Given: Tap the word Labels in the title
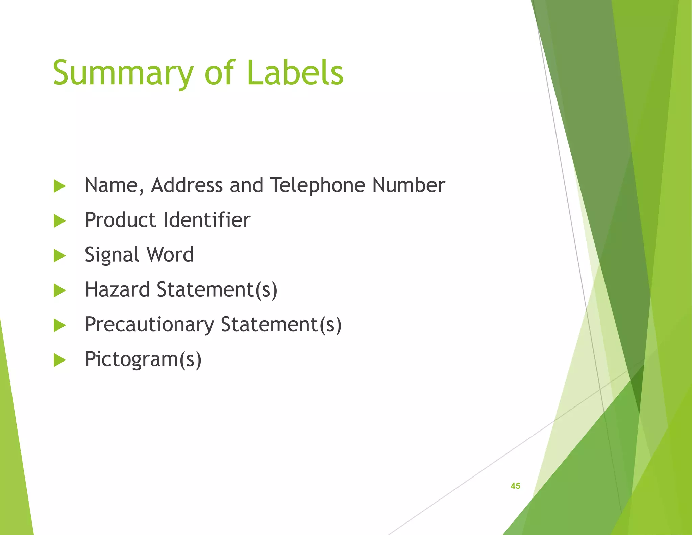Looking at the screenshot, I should [x=295, y=72].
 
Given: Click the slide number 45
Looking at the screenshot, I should [x=515, y=486].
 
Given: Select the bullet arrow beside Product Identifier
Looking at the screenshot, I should [x=59, y=221].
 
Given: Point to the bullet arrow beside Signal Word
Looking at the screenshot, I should [x=59, y=256].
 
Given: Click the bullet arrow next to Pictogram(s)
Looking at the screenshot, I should [x=59, y=360].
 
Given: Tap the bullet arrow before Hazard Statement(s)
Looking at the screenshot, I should [x=59, y=290].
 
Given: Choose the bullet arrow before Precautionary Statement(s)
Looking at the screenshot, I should [x=59, y=325].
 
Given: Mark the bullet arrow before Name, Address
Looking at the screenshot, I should [x=59, y=186].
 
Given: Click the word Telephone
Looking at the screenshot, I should [x=318, y=185].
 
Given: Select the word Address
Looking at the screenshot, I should [x=187, y=185].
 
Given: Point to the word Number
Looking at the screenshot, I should [x=409, y=185].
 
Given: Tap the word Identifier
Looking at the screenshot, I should [x=207, y=220].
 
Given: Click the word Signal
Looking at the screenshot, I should [x=112, y=255].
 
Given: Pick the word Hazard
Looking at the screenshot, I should [x=117, y=290].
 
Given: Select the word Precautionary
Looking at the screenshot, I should [x=149, y=325].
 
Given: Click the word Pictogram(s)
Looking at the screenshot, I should [x=143, y=359].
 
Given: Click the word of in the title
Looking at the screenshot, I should [x=219, y=72].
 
